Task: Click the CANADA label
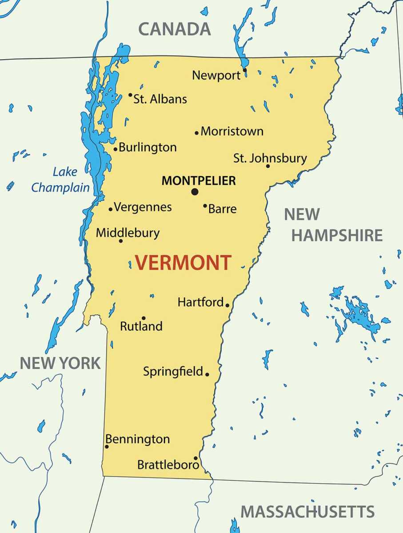point(174,29)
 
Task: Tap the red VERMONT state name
point(183,263)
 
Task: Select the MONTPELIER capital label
point(199,181)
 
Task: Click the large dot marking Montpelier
point(195,192)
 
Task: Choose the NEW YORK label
point(60,363)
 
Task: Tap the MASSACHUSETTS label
point(307,512)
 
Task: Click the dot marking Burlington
point(116,149)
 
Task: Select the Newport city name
point(216,76)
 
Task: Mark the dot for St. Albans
point(130,95)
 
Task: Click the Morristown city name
point(232,131)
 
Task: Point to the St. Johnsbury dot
point(268,166)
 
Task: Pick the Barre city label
point(222,209)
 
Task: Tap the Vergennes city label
point(143,207)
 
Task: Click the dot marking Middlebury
point(120,241)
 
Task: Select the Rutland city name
point(141,326)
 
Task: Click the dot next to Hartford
point(227,305)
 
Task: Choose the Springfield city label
point(173,371)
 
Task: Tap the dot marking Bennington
point(107,446)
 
